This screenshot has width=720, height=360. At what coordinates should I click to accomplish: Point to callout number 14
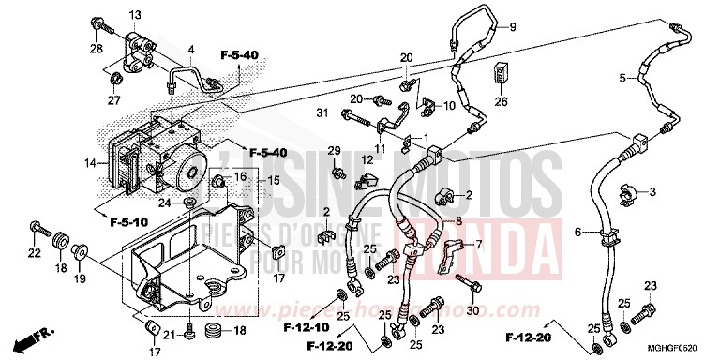pos(90,163)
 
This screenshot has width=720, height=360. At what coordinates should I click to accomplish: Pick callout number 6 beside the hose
pos(577,232)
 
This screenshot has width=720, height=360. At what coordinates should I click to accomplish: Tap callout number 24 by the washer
pos(164,202)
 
